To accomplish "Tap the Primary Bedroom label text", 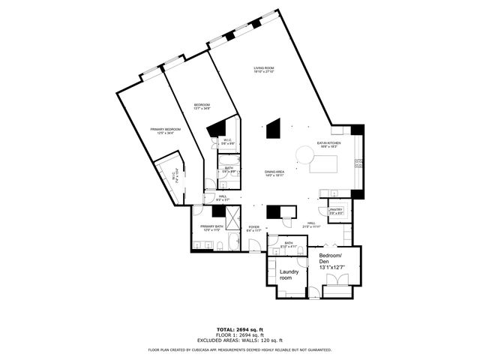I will click(x=166, y=131).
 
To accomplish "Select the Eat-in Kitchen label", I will click(x=328, y=144).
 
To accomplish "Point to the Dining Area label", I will click(x=274, y=173).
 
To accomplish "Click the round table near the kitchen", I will click(x=304, y=154).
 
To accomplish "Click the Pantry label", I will click(x=335, y=211).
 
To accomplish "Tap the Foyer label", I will click(x=254, y=227).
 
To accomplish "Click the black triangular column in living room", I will click(x=274, y=128).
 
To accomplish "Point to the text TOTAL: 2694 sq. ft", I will click(x=239, y=329).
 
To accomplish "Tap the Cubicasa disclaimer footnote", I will click(x=239, y=349).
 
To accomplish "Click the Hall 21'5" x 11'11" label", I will click(x=311, y=224).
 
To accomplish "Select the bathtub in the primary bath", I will click(x=232, y=241).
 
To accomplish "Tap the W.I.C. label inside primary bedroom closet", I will click(x=173, y=178).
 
